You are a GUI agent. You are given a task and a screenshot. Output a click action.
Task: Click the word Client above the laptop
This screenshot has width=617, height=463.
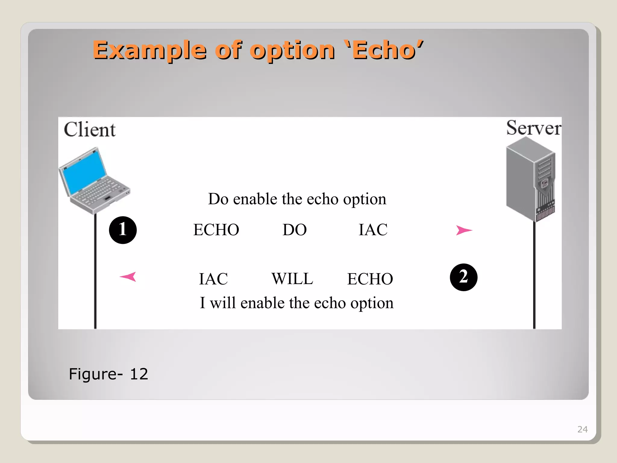pyautogui.click(x=89, y=130)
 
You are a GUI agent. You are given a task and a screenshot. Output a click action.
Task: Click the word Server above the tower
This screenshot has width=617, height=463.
pyautogui.click(x=534, y=128)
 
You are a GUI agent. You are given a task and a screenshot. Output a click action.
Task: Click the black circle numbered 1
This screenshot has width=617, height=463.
pyautogui.click(x=123, y=230)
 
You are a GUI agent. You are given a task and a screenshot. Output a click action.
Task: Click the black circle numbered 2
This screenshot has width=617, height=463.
pyautogui.click(x=463, y=277)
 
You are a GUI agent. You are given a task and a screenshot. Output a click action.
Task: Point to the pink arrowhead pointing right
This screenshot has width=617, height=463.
pyautogui.click(x=464, y=230)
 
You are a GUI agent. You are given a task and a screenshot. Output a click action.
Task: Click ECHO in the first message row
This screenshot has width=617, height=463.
pyautogui.click(x=216, y=230)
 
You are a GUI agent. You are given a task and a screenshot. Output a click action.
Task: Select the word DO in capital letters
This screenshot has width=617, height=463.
pyautogui.click(x=294, y=230)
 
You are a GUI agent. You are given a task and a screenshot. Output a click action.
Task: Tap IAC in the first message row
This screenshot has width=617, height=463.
pyautogui.click(x=373, y=230)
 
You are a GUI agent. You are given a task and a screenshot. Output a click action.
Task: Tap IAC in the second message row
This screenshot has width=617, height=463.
pyautogui.click(x=213, y=279)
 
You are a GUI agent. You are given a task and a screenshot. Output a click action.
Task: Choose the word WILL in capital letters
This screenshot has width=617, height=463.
pyautogui.click(x=292, y=279)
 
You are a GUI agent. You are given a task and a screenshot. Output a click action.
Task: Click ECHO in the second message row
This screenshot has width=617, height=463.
pyautogui.click(x=370, y=279)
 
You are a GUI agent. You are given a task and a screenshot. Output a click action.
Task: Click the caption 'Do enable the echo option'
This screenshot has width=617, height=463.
pyautogui.click(x=297, y=199)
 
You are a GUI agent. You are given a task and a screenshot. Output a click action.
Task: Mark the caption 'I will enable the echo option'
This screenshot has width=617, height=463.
pyautogui.click(x=297, y=303)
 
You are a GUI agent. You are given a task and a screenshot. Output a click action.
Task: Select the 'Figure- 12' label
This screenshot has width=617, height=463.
pyautogui.click(x=108, y=374)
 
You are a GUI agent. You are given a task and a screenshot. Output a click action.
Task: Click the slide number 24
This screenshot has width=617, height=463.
pyautogui.click(x=582, y=429)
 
